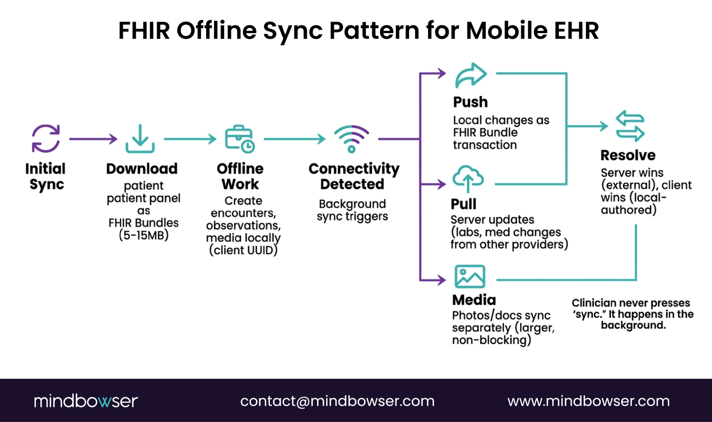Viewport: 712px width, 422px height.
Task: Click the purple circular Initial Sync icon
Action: click(46, 138)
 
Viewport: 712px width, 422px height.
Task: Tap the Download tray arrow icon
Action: click(140, 139)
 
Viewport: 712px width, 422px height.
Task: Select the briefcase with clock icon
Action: click(240, 139)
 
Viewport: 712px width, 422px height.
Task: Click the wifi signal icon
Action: click(351, 139)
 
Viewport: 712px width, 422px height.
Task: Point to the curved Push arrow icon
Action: click(471, 75)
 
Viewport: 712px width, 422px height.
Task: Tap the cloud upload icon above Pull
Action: click(468, 178)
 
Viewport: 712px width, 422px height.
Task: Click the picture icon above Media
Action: click(470, 277)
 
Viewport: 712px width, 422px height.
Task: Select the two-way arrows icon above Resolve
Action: click(630, 126)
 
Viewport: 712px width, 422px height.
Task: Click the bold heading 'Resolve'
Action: click(628, 155)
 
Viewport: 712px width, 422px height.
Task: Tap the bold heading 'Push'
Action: click(470, 102)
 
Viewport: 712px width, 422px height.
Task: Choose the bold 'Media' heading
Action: click(474, 300)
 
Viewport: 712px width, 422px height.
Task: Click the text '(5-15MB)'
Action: click(144, 235)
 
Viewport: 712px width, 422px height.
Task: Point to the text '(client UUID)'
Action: click(243, 250)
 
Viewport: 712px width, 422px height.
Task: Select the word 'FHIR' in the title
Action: click(144, 31)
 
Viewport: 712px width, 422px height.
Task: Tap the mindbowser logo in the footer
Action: click(86, 401)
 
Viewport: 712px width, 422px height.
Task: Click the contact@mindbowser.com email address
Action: click(337, 401)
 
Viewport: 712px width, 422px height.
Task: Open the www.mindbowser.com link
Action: click(588, 401)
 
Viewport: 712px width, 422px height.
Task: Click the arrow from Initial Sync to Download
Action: click(93, 139)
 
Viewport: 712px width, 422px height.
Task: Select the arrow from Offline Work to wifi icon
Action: click(294, 139)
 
